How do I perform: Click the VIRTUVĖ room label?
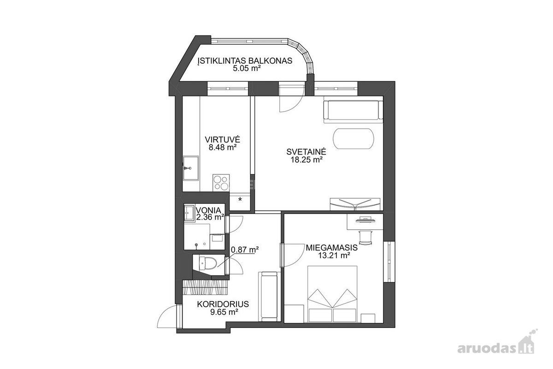[x=223, y=140]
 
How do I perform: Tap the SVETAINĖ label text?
[x=306, y=151]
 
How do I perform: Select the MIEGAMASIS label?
[x=331, y=247]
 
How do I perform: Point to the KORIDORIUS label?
[x=223, y=304]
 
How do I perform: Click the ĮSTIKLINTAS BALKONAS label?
[x=245, y=60]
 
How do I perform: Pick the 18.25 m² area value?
[x=306, y=160]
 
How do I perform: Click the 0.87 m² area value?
[x=244, y=250]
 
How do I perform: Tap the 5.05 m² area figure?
[x=247, y=68]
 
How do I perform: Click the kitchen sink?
[x=191, y=168]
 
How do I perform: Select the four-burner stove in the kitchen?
[x=221, y=183]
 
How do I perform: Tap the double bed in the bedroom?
[x=332, y=294]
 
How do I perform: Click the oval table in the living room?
[x=353, y=138]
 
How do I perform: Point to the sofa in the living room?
[x=353, y=112]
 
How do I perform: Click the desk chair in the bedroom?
[x=365, y=237]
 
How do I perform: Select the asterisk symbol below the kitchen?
[x=240, y=199]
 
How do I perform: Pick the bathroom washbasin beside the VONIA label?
[x=189, y=212]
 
